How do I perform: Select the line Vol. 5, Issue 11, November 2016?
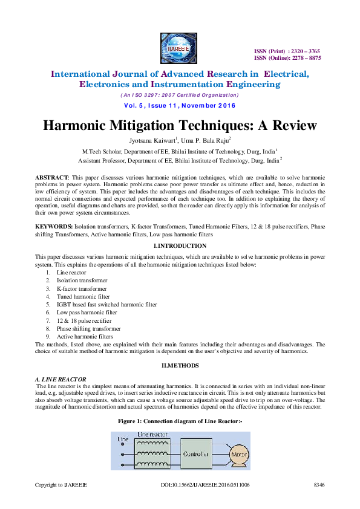179,105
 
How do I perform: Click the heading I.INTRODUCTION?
180,246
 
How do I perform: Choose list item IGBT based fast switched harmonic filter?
106,305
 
